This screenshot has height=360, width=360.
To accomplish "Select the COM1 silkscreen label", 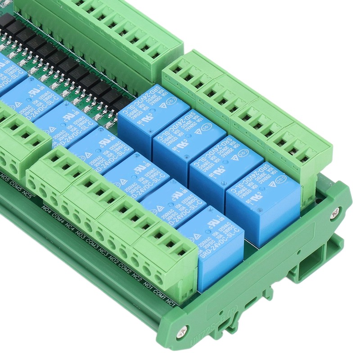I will click(x=159, y=295).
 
